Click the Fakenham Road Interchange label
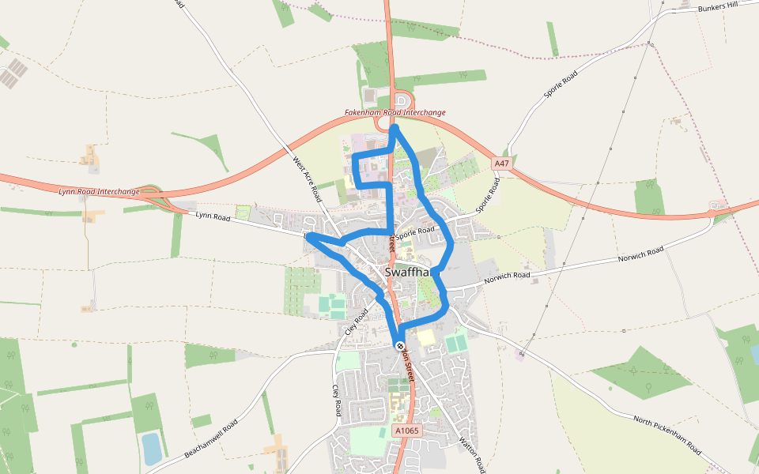(x=395, y=113)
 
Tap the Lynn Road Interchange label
(x=99, y=191)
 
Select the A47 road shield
(x=500, y=164)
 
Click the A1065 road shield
(x=406, y=431)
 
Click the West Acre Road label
(x=306, y=179)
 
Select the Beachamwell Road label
(x=210, y=438)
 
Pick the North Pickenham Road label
(x=667, y=434)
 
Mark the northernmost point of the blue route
(x=394, y=126)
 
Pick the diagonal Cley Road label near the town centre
(x=358, y=321)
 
